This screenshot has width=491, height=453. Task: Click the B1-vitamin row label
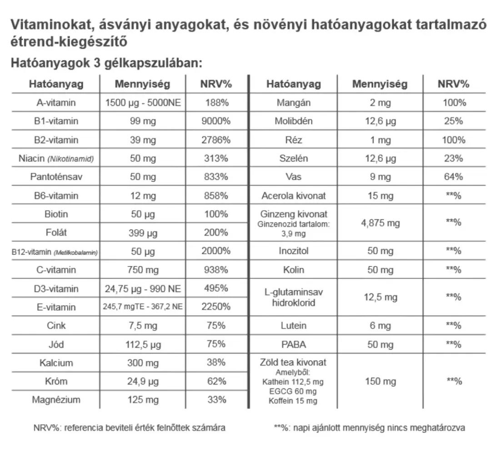tap(56, 121)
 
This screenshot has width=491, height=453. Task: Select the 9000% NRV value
tap(216, 121)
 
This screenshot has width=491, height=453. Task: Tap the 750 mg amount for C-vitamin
tap(143, 270)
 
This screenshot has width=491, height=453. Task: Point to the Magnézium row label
tap(56, 400)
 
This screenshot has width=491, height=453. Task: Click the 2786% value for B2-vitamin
tap(216, 140)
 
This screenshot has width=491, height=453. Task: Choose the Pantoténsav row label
tap(56, 177)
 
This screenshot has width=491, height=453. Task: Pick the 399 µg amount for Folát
tap(143, 233)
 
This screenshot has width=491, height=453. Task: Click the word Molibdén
tap(293, 121)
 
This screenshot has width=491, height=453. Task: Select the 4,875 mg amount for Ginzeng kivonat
tap(380, 223)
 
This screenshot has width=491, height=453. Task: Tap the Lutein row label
tap(293, 326)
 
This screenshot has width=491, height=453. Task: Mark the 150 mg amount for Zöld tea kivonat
tap(380, 381)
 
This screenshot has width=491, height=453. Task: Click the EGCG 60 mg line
tap(293, 391)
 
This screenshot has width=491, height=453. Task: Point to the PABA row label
tap(293, 344)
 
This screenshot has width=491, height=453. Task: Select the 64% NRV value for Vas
tap(453, 177)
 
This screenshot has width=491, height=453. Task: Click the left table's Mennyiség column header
tap(142, 84)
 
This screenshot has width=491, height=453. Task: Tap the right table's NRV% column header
tap(453, 84)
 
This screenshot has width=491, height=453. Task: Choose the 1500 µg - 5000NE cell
tap(143, 103)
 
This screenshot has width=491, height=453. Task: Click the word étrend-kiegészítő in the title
tap(68, 42)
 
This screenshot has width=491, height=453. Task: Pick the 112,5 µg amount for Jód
tap(143, 344)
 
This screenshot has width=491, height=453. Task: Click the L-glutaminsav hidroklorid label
tap(293, 297)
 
